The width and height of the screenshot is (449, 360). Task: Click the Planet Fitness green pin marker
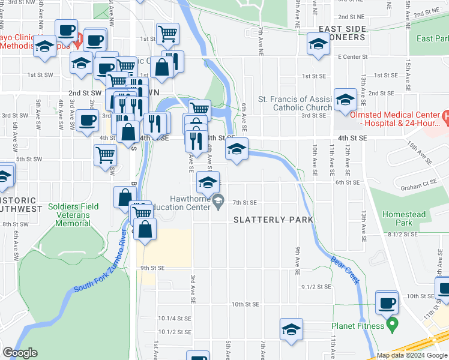(393, 326)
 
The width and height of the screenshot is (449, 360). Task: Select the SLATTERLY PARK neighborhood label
(273, 220)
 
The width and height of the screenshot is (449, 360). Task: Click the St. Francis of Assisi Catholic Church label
(295, 103)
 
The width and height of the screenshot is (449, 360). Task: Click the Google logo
(20, 353)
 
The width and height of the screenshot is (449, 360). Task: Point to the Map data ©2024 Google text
(412, 356)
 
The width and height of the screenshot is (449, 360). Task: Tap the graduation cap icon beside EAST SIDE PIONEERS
(318, 44)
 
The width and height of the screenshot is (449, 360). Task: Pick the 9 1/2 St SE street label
(316, 287)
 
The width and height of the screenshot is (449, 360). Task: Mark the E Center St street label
(351, 57)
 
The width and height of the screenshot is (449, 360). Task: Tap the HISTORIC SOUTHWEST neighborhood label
(22, 204)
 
